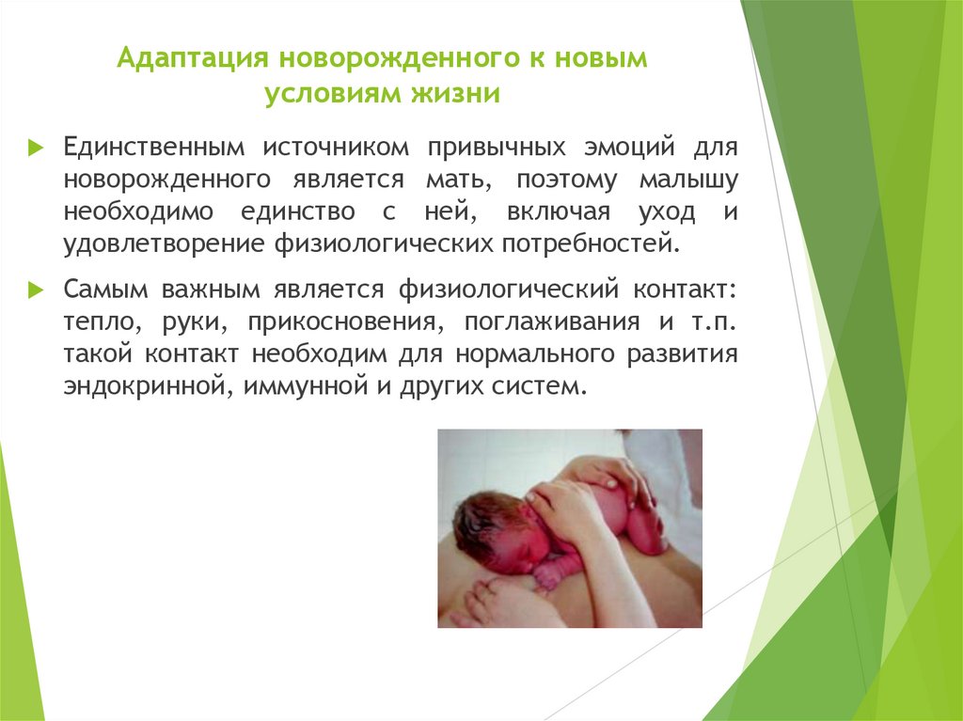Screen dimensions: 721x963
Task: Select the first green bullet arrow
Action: (36, 149)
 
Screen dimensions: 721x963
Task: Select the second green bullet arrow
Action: (36, 290)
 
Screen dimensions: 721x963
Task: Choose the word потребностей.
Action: (593, 243)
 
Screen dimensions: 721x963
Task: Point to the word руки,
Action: (201, 322)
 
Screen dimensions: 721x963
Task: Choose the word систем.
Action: (531, 385)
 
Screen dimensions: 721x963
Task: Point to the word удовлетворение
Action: (164, 243)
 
